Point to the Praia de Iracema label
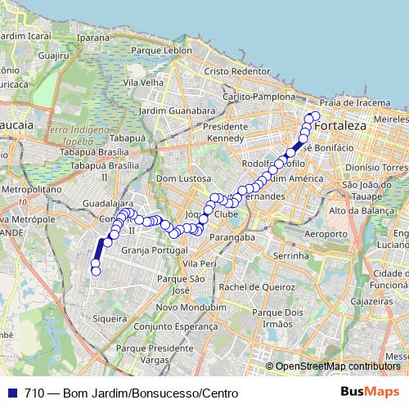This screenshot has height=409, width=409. (x=354, y=102)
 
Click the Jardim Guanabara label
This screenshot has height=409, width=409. (x=177, y=110)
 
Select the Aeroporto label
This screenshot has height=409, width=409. (x=303, y=234)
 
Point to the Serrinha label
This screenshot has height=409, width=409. (x=290, y=256)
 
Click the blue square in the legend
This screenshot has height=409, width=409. (x=12, y=393)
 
